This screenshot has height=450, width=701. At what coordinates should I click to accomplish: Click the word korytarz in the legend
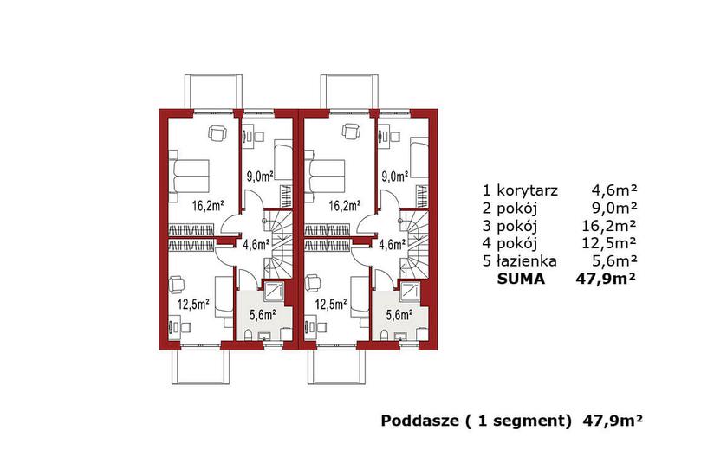pos(527,191)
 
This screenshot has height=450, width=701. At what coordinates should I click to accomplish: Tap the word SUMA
pos(522,279)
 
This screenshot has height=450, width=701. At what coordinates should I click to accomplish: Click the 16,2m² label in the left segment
pos(208,206)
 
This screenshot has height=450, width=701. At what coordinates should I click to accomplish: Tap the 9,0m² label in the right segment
pos(395,177)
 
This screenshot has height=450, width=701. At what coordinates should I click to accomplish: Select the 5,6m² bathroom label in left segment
pos(263,315)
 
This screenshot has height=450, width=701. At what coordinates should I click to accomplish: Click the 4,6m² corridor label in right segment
pos(392,244)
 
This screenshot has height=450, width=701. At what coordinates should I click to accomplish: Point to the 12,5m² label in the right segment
pos(331,305)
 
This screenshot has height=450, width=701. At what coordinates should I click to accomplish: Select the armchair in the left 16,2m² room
pos(217,132)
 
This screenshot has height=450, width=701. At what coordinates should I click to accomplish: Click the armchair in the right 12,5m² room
pos(314,284)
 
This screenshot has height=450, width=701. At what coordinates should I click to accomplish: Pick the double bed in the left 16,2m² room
pos(189,176)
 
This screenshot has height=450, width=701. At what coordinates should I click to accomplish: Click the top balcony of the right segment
pos(349,92)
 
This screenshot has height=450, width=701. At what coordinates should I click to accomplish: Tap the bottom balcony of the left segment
pos(201,367)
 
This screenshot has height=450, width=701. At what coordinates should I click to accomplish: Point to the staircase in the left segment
pos(276,243)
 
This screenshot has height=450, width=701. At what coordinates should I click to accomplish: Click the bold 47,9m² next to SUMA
pos(606,279)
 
